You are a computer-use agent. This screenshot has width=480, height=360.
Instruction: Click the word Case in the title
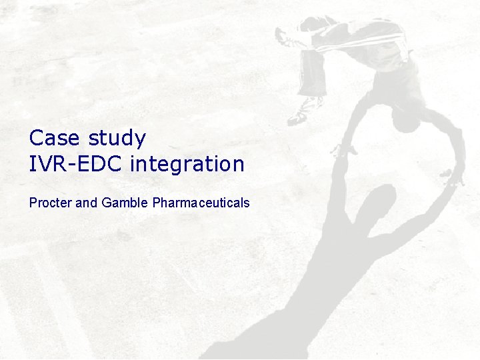[53, 138]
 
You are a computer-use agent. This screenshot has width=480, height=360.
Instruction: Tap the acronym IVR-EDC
[76, 163]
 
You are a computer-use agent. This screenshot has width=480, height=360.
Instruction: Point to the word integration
[187, 164]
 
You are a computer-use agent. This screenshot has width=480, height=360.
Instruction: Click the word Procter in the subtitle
[51, 202]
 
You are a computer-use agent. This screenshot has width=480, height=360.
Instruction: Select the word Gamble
[125, 202]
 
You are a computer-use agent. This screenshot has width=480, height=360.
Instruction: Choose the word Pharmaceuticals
[201, 202]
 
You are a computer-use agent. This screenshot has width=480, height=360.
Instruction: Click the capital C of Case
[36, 138]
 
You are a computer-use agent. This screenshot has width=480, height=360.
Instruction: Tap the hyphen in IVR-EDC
[69, 165]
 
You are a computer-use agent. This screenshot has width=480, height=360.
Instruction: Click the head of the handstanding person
[405, 119]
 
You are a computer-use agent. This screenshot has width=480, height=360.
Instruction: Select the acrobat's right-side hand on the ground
[454, 177]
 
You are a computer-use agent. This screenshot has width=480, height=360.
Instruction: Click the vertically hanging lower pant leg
[312, 73]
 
